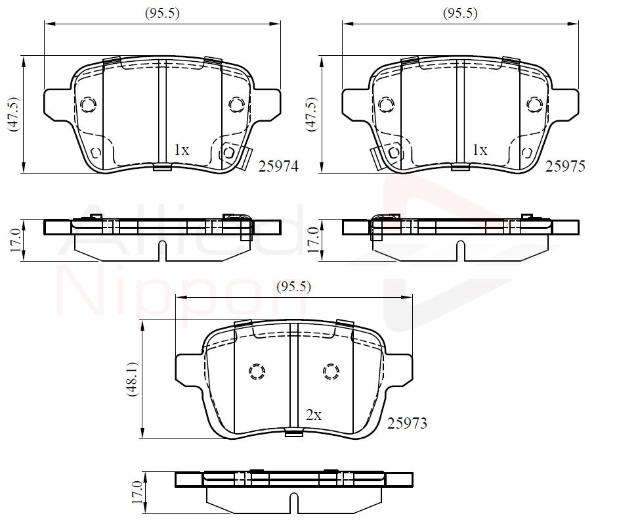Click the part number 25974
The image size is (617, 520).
(278, 166)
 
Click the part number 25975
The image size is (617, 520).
(565, 166)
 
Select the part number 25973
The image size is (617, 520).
(407, 423)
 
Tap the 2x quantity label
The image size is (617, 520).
(314, 415)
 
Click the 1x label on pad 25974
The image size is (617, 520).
(181, 150)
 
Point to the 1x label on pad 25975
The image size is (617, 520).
(480, 150)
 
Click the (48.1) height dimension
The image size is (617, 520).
(132, 379)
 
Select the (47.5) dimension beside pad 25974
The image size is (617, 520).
(14, 114)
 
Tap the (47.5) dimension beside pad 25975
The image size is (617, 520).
(311, 114)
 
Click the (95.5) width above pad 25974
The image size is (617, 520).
(162, 13)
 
